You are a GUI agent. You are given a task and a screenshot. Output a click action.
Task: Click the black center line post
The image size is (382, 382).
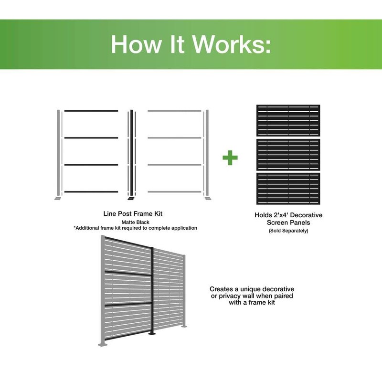point(131,153)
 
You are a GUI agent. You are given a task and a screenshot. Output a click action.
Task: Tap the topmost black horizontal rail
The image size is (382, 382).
point(91,111)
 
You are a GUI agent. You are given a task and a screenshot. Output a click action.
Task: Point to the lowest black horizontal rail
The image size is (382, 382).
point(91,192)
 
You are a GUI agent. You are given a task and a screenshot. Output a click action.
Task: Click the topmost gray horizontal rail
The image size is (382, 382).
point(175,111)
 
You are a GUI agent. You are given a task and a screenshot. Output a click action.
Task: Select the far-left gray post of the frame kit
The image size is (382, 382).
point(59,153)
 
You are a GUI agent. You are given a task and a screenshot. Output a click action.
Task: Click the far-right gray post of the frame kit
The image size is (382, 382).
point(208,153)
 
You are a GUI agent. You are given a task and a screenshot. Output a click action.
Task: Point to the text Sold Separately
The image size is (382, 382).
point(288,231)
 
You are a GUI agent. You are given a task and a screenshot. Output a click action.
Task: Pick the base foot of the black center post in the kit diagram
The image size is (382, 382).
point(131,199)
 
